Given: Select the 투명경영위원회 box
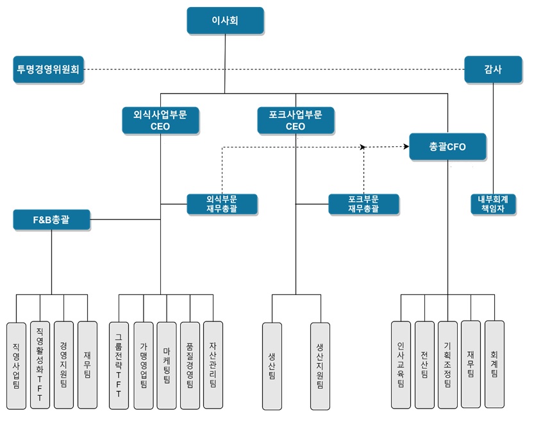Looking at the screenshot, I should [x=49, y=69].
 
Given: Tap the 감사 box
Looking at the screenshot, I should [x=492, y=69].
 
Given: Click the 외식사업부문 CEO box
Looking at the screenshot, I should [x=160, y=121].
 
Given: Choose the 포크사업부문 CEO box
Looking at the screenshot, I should [x=296, y=121].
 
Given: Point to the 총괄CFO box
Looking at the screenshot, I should [x=447, y=147].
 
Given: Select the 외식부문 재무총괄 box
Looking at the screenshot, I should [x=222, y=204].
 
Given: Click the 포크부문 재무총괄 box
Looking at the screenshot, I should [x=363, y=204].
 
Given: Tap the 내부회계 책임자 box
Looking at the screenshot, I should [x=493, y=204].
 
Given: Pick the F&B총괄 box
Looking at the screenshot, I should [x=52, y=220].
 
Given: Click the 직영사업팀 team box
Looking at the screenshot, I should [x=16, y=365].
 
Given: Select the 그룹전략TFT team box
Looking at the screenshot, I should [x=119, y=365].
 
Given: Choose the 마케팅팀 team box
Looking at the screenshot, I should [x=166, y=365].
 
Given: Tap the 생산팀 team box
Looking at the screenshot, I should [x=272, y=365].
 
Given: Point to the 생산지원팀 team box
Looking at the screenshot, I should [x=319, y=365].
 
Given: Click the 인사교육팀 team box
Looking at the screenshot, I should [x=401, y=365].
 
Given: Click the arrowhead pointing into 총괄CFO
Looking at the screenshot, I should [x=406, y=147].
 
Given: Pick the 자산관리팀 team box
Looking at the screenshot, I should [x=213, y=365].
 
